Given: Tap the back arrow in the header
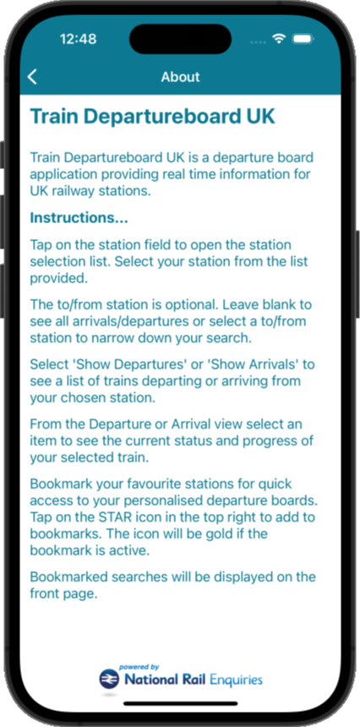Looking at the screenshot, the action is click(32, 77).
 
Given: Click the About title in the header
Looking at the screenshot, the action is click(180, 77).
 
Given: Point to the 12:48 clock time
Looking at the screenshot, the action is click(79, 39).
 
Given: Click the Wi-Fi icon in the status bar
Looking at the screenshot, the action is click(279, 39).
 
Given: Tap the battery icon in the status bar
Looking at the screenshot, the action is click(304, 39).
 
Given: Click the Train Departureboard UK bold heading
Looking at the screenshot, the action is click(153, 117).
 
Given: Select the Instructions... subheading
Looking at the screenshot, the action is click(79, 218).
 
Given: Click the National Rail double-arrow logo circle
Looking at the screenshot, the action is click(109, 680).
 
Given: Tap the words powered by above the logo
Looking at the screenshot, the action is click(139, 667).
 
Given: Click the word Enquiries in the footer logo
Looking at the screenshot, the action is click(236, 681).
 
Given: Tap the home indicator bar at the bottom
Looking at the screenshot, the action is click(180, 704).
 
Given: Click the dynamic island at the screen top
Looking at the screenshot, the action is click(180, 39).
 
